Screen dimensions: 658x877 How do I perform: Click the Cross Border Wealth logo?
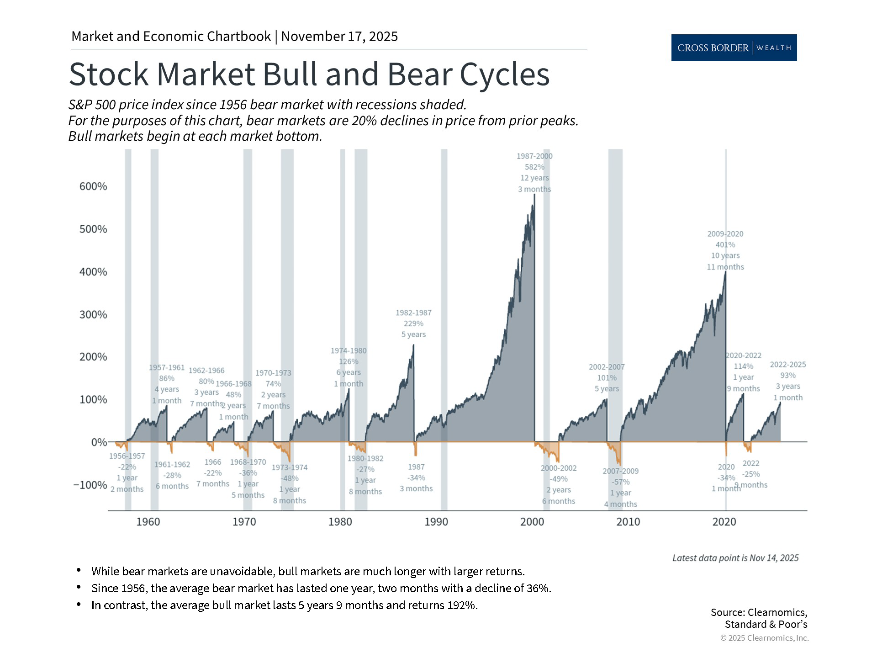tap(734, 48)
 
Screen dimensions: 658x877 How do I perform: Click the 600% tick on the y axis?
tap(93, 186)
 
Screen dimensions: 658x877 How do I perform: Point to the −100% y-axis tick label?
tap(90, 485)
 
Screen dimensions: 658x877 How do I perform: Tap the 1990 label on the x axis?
tap(436, 522)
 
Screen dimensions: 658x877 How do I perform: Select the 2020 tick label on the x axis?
tap(724, 522)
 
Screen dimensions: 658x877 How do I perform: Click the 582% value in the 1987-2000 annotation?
tap(534, 167)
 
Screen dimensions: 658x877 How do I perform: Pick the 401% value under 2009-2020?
tap(725, 245)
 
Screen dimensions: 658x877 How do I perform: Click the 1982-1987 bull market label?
tap(413, 313)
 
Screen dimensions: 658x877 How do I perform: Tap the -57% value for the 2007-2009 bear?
tap(620, 482)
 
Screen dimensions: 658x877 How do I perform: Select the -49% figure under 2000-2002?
tap(559, 479)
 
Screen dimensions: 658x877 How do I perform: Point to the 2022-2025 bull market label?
tap(788, 365)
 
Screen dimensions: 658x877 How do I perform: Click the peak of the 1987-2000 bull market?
tap(534, 195)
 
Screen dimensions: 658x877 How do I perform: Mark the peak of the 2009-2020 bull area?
tap(725, 273)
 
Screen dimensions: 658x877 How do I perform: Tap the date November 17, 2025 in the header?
tap(339, 37)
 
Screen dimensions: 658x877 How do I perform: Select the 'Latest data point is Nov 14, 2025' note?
tap(735, 558)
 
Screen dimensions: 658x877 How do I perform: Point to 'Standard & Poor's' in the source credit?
tap(766, 624)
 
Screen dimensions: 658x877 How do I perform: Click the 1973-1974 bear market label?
tap(290, 467)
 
